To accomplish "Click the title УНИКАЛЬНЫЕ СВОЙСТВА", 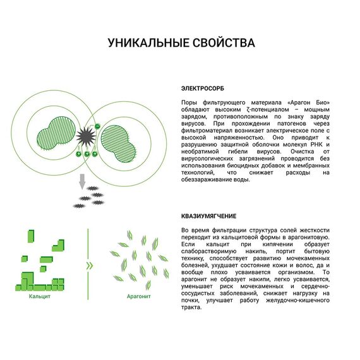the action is (181, 43).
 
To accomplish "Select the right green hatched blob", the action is (118, 141).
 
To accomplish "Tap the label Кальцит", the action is (39, 295).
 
